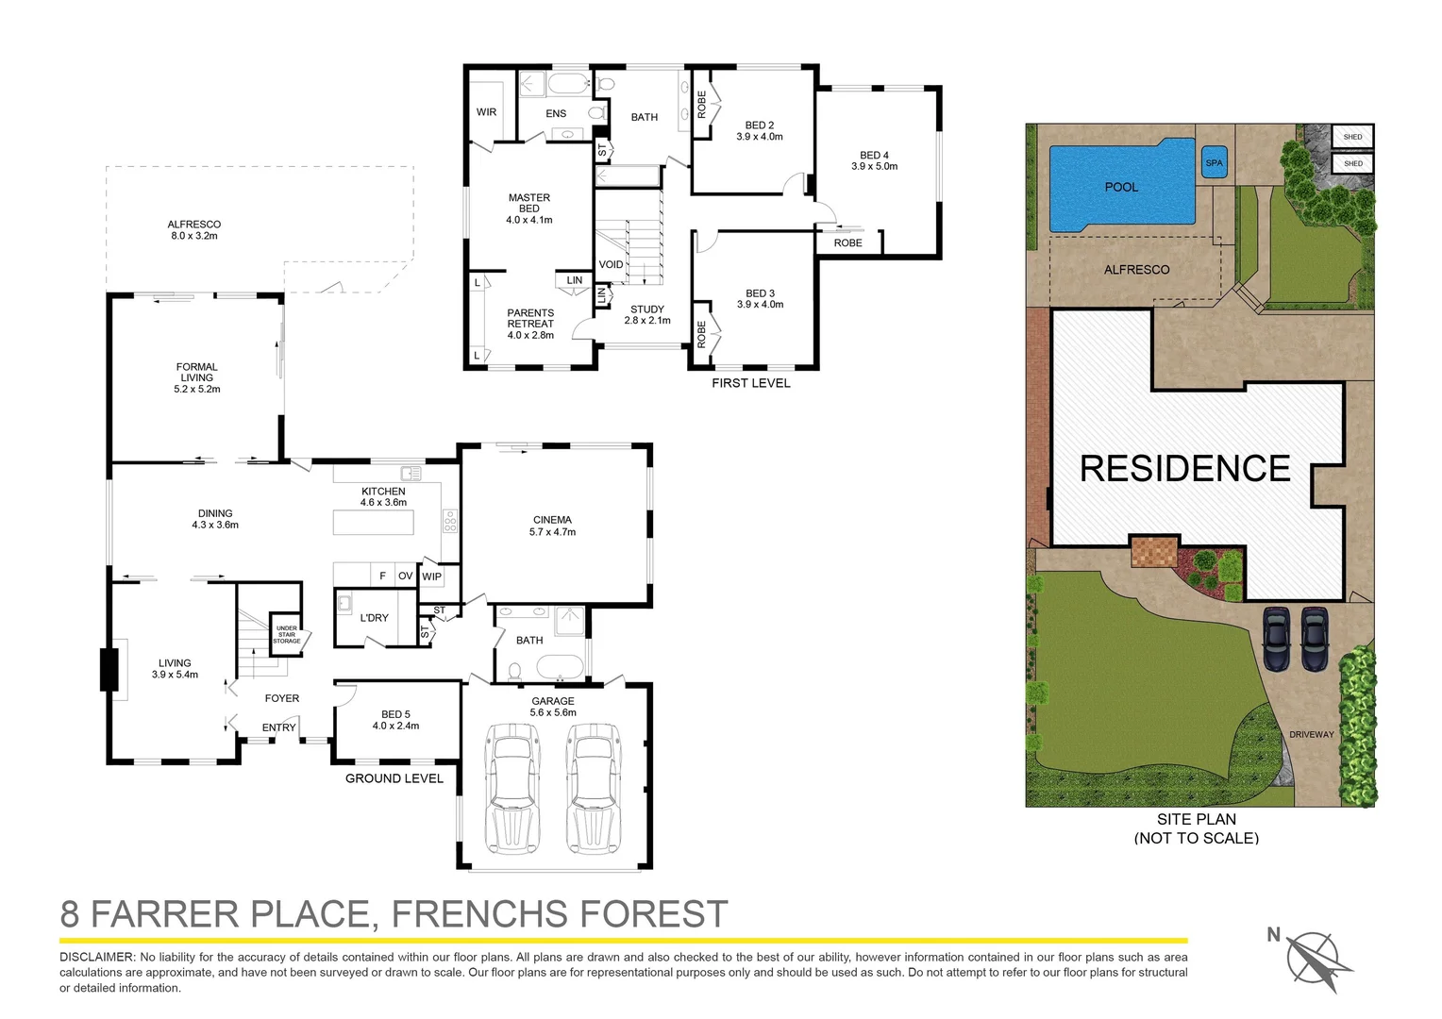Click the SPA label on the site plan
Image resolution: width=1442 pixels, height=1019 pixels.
[1214, 163]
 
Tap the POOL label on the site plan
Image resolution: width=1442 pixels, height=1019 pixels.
[1121, 187]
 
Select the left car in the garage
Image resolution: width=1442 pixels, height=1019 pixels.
[511, 787]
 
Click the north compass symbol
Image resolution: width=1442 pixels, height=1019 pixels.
[1314, 958]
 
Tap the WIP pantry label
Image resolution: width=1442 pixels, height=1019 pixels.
[431, 576]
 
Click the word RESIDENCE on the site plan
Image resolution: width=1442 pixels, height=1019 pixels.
[1184, 469]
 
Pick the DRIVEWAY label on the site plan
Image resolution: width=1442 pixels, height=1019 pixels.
[1312, 734]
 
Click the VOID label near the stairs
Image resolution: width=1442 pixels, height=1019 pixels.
[611, 264]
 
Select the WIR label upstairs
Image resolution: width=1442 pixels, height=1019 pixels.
[486, 112]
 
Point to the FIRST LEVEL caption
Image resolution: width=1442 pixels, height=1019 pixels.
[750, 383]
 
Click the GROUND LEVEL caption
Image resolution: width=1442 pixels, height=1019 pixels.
[394, 778]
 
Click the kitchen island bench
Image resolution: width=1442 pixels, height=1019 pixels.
[373, 523]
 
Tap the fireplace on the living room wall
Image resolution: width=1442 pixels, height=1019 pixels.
[110, 670]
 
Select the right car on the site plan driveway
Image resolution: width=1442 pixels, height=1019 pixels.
[1315, 638]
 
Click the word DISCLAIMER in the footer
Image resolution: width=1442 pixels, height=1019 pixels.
[98, 957]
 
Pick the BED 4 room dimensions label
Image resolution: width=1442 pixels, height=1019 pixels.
[874, 166]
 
